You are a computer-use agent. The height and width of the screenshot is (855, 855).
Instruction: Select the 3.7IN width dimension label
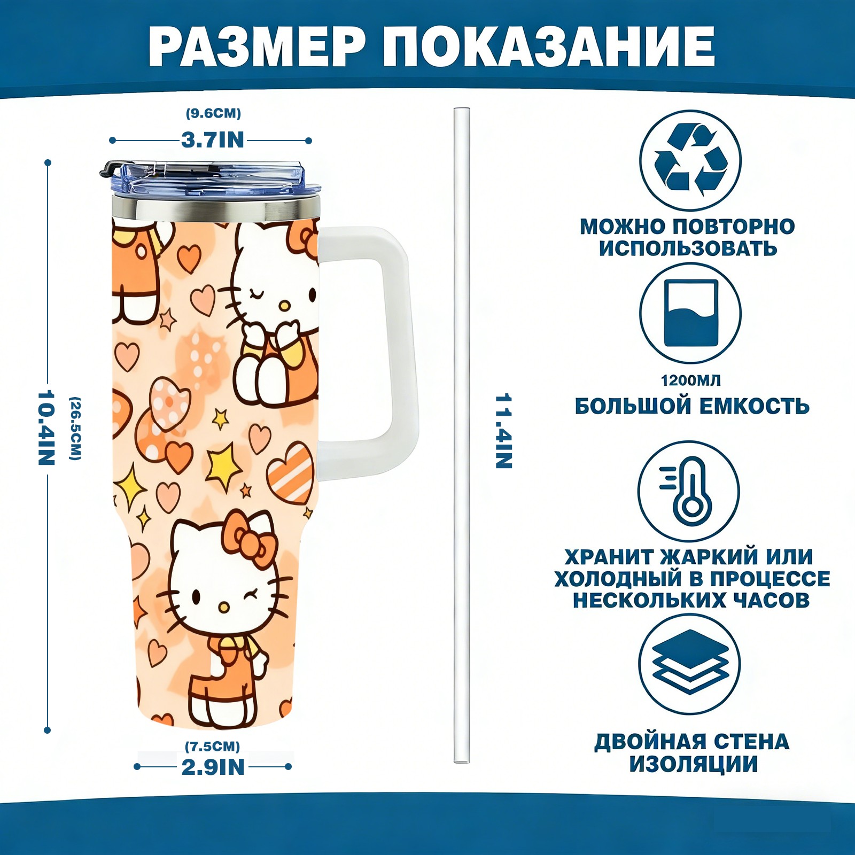pyautogui.click(x=213, y=140)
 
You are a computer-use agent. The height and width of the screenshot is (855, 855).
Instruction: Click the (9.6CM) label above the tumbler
pyautogui.click(x=213, y=113)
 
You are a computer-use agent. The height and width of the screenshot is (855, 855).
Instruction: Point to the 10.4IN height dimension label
pyautogui.click(x=46, y=428)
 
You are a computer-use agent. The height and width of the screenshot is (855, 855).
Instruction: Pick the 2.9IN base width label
pyautogui.click(x=213, y=767)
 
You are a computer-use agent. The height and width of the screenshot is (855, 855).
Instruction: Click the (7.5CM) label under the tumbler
pyautogui.click(x=213, y=746)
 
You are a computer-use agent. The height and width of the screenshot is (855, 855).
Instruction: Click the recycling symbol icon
pyautogui.click(x=690, y=160)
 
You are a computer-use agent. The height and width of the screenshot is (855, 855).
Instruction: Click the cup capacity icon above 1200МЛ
pyautogui.click(x=690, y=313)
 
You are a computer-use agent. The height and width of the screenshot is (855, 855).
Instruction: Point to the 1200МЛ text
pyautogui.click(x=690, y=380)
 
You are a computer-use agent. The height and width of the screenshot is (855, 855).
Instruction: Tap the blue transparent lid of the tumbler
pyautogui.click(x=211, y=180)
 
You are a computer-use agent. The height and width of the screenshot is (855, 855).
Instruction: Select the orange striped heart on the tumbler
pyautogui.click(x=290, y=473)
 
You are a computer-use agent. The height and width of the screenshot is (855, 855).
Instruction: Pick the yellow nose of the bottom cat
pyautogui.click(x=225, y=607)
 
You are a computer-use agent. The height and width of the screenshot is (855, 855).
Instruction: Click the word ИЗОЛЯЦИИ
pyautogui.click(x=693, y=764)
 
